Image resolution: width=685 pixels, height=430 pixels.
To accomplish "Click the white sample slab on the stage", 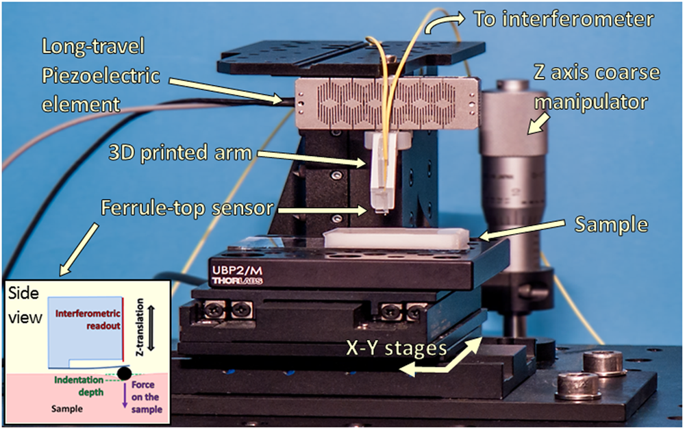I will coord(396,240).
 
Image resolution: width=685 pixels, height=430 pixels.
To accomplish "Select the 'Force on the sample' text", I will coord(145,398).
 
